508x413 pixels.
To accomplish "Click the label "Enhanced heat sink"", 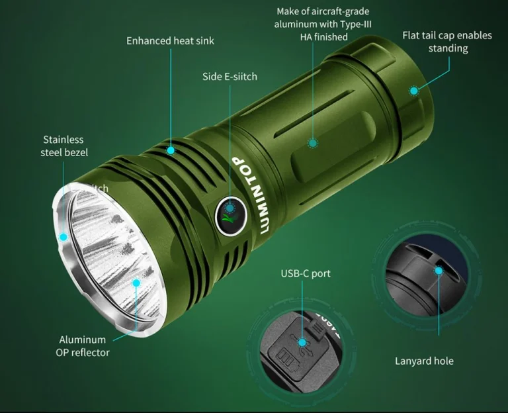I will (x=170, y=41).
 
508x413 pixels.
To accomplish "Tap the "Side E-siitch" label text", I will (x=230, y=77).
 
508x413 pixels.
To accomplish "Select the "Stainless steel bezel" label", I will (x=63, y=146).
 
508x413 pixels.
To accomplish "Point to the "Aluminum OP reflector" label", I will (x=83, y=345).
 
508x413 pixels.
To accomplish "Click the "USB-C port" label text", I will (x=305, y=273).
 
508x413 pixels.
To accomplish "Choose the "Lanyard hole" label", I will (x=424, y=361).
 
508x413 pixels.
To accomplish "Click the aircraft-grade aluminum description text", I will (x=322, y=24).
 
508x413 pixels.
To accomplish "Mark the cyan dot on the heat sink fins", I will (x=171, y=150).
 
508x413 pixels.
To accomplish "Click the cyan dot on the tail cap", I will (x=414, y=91).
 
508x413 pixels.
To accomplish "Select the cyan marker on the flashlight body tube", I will (x=312, y=142).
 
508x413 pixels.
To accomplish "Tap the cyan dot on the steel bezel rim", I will (x=63, y=236).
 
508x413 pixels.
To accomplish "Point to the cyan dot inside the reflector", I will (x=136, y=283).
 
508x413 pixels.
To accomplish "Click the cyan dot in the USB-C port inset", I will (x=302, y=342).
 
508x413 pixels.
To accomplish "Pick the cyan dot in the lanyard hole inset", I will (x=438, y=270).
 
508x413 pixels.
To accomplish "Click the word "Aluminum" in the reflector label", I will (x=83, y=339).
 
